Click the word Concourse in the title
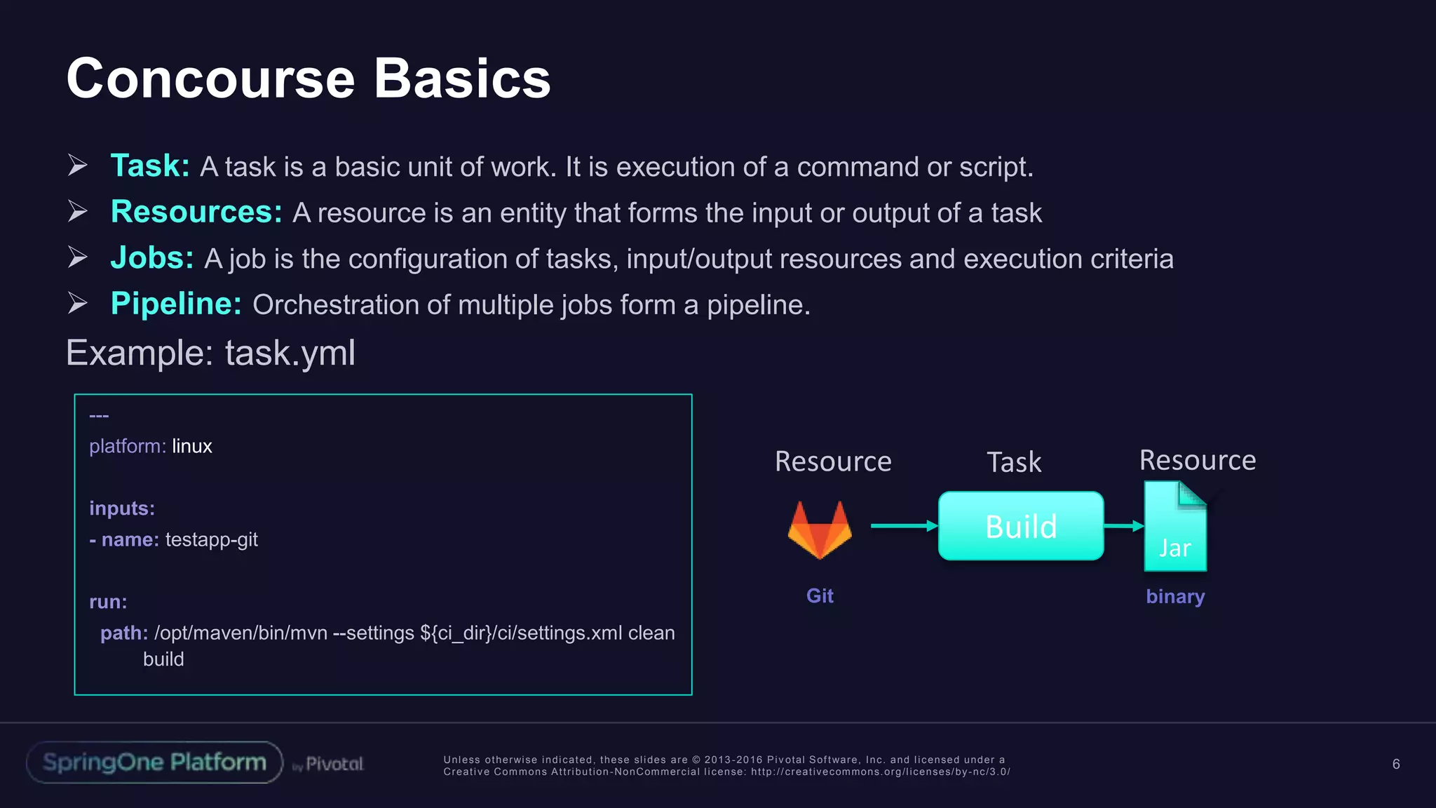click(210, 79)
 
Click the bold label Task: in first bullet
click(150, 166)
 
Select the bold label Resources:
click(196, 212)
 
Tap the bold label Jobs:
click(152, 258)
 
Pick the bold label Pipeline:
click(176, 304)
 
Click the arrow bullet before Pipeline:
click(78, 303)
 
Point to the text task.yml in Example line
click(290, 353)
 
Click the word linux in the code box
click(191, 446)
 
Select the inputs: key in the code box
click(122, 508)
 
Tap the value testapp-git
click(211, 539)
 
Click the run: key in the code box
click(108, 602)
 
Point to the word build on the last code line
click(163, 659)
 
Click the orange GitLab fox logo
click(820, 530)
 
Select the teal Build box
click(1021, 526)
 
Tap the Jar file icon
click(1175, 526)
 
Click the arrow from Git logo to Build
click(903, 525)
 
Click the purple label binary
click(1175, 596)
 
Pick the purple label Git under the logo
click(820, 595)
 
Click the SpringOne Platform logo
click(154, 762)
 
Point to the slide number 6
click(1396, 764)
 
